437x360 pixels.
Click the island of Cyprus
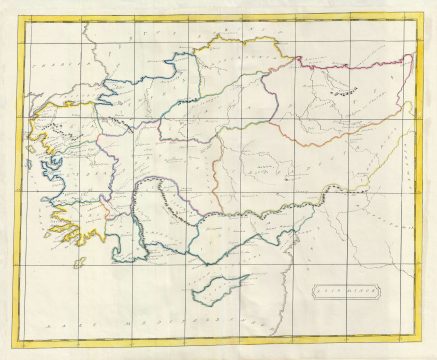(222, 288)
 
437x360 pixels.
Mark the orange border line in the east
(340, 135)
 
